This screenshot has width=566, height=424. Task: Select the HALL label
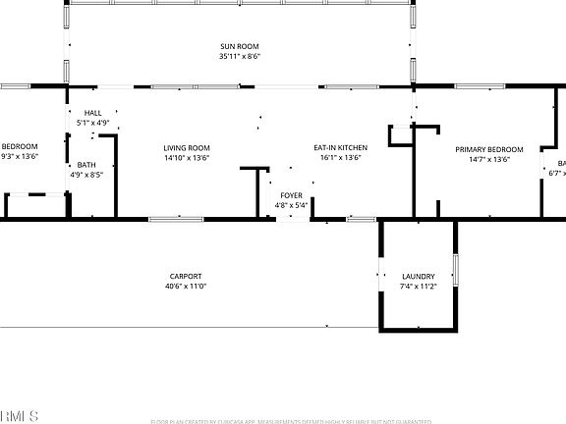click(92, 113)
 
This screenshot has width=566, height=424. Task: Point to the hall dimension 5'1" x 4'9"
click(92, 123)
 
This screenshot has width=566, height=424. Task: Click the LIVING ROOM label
click(187, 147)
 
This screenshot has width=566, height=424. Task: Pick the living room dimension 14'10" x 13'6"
click(187, 157)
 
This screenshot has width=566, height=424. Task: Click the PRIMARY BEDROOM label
click(488, 149)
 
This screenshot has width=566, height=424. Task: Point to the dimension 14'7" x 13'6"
click(488, 159)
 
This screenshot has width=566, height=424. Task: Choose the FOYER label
click(292, 195)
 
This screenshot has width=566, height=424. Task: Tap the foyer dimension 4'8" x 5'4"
click(292, 205)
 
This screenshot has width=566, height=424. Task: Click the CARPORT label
click(185, 276)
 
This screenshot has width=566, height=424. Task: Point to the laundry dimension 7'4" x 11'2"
click(418, 288)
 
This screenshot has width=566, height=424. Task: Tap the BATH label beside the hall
click(86, 165)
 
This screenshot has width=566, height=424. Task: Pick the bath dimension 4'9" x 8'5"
click(86, 175)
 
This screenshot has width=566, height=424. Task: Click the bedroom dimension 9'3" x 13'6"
click(19, 156)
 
